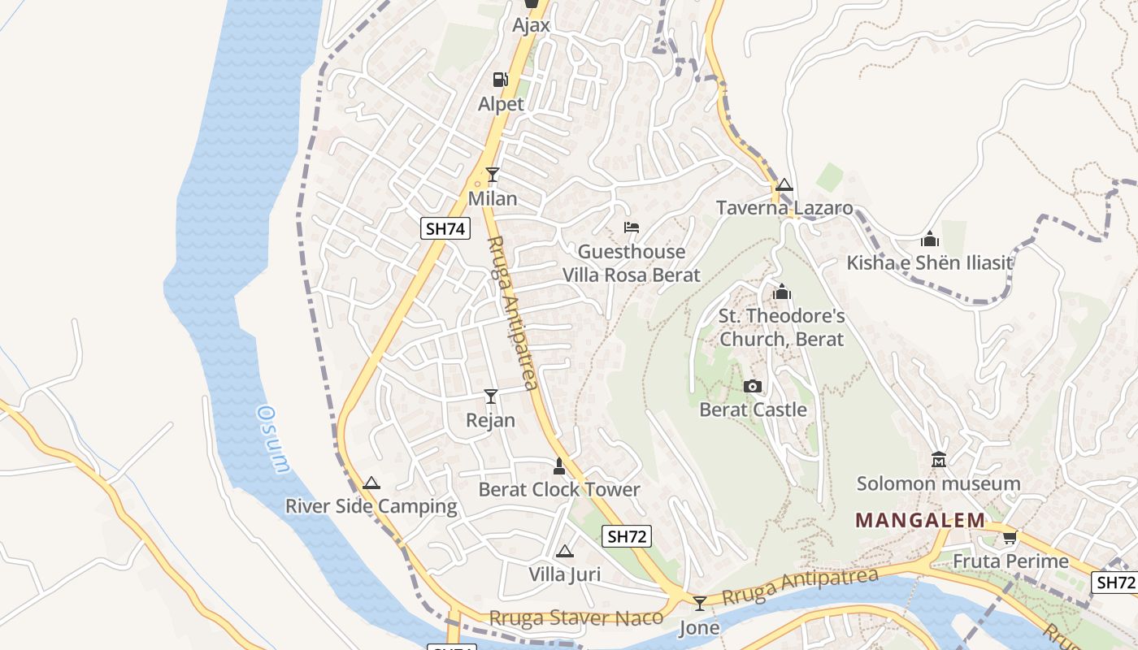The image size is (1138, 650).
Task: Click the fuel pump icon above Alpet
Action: [x=500, y=80]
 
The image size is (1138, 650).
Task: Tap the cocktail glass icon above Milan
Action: [x=492, y=174]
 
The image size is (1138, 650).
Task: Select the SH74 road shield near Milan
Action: [x=445, y=228]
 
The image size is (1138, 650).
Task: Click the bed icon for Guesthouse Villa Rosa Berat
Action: [x=631, y=227]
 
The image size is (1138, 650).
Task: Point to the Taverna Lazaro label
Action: [x=784, y=208]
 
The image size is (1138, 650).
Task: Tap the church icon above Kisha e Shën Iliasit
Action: [x=930, y=239]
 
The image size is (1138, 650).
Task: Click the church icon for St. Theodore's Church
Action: [x=782, y=292]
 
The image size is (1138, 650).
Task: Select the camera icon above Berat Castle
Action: [x=753, y=386]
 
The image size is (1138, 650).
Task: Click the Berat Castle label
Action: [x=753, y=409]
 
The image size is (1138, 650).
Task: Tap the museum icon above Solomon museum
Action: [x=939, y=460]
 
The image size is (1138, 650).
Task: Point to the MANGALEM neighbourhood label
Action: [x=920, y=520]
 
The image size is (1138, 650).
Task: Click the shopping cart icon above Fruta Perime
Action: [x=1010, y=537]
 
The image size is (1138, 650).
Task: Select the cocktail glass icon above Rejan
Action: [x=490, y=396]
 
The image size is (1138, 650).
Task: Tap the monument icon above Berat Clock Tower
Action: [x=558, y=466]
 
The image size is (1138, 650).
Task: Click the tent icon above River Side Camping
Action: [x=371, y=483]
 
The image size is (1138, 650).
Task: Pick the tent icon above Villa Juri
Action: [x=564, y=552]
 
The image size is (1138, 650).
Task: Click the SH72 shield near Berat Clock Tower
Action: [x=628, y=536]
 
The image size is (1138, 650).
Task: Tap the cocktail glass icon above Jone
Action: [x=699, y=604]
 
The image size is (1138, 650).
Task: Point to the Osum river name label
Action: [x=272, y=439]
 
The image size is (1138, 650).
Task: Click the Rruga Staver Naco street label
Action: [x=576, y=617]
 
